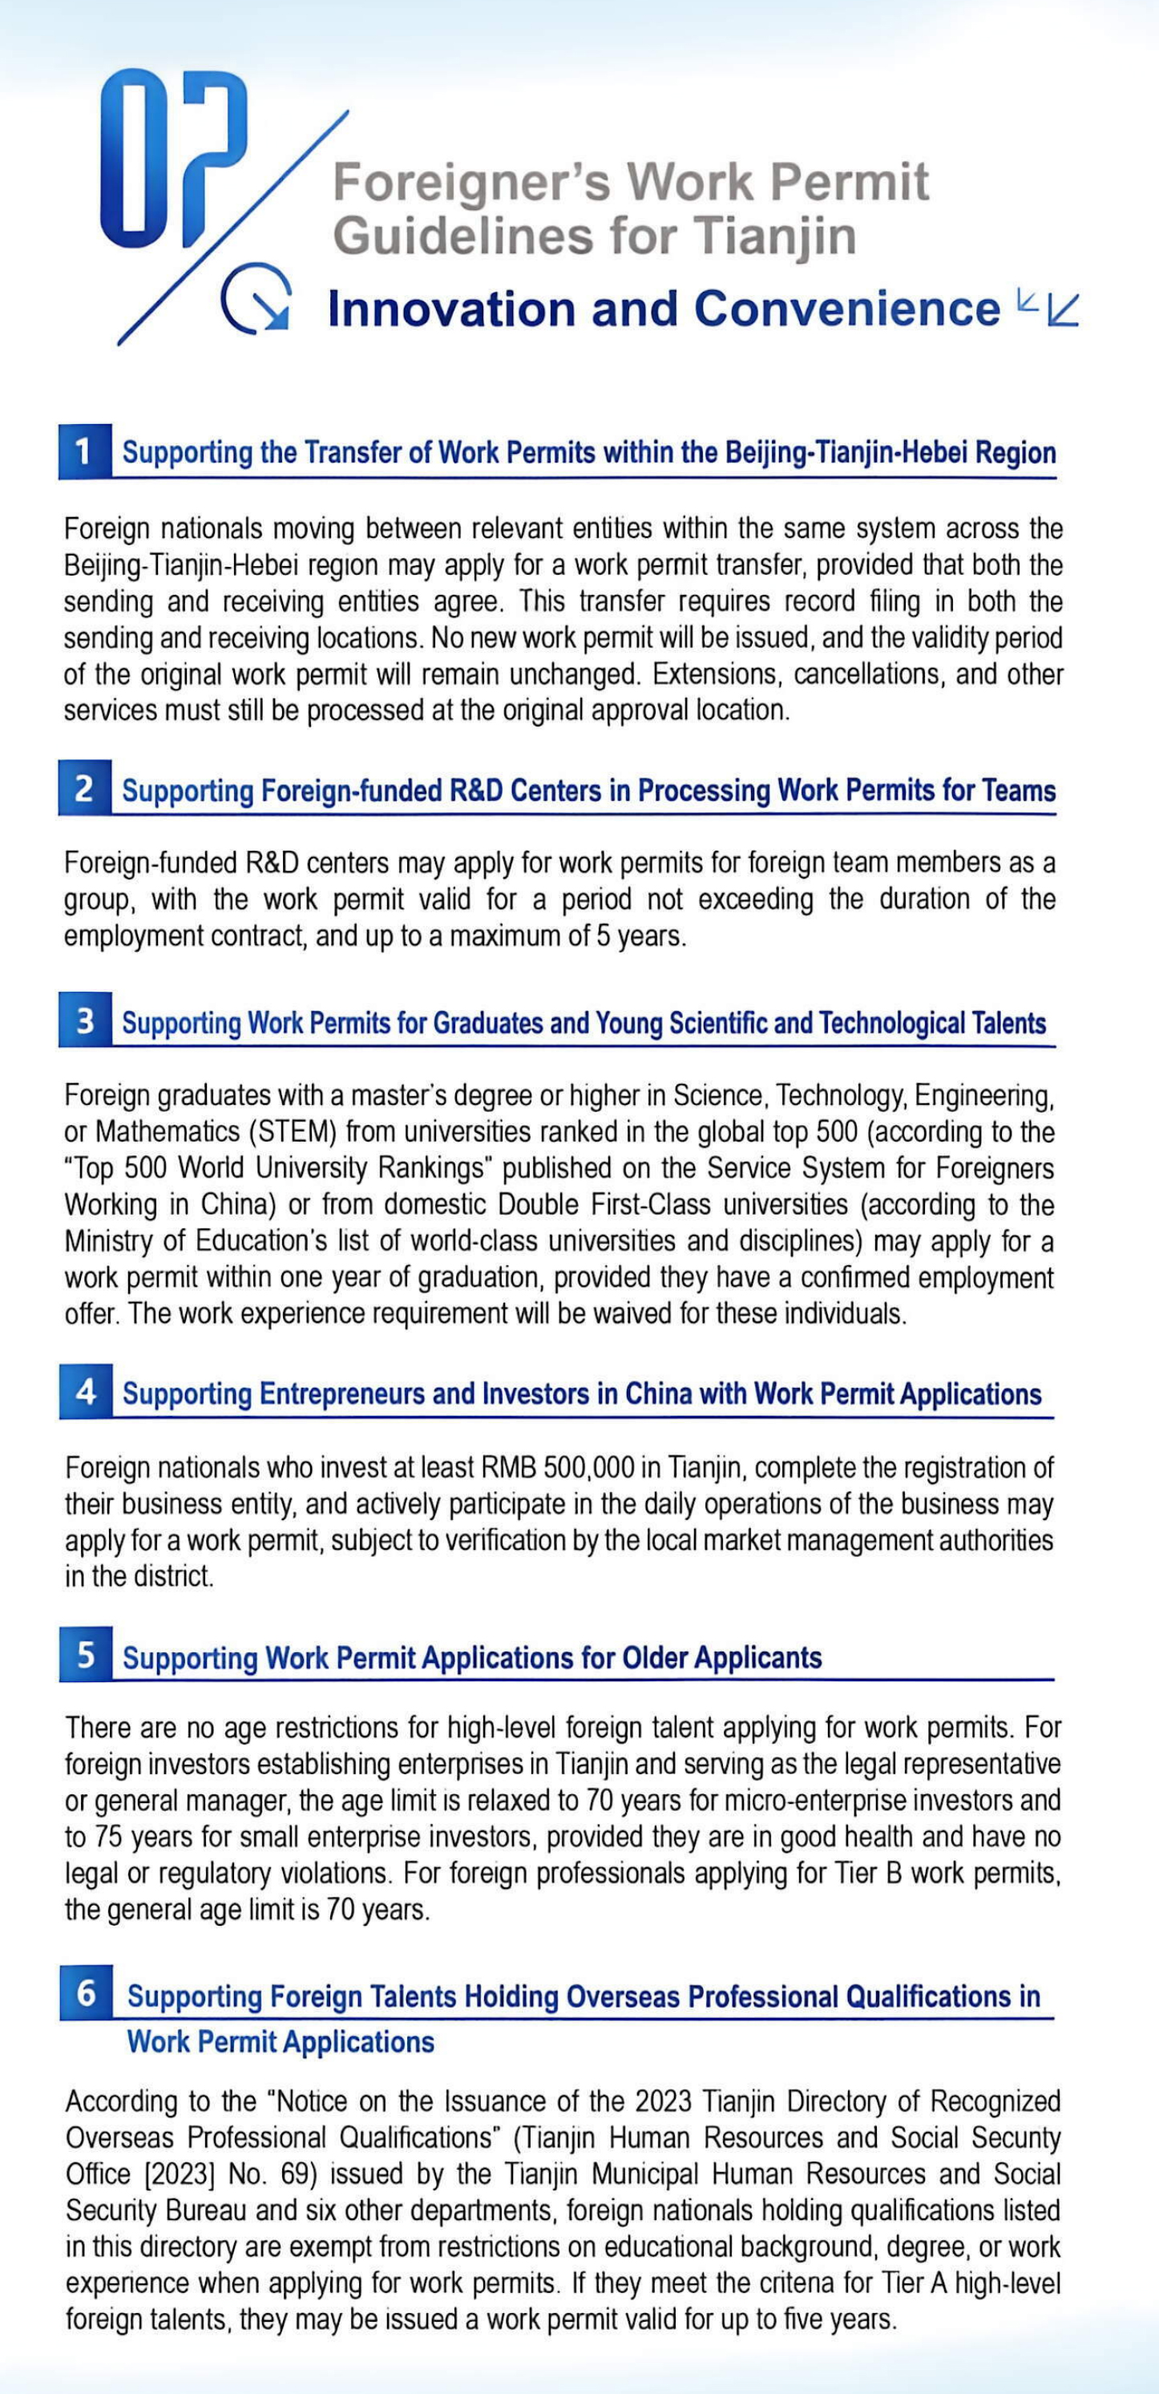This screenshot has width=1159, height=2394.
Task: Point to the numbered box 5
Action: pos(86,1654)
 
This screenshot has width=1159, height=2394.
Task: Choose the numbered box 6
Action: pos(87,1993)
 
